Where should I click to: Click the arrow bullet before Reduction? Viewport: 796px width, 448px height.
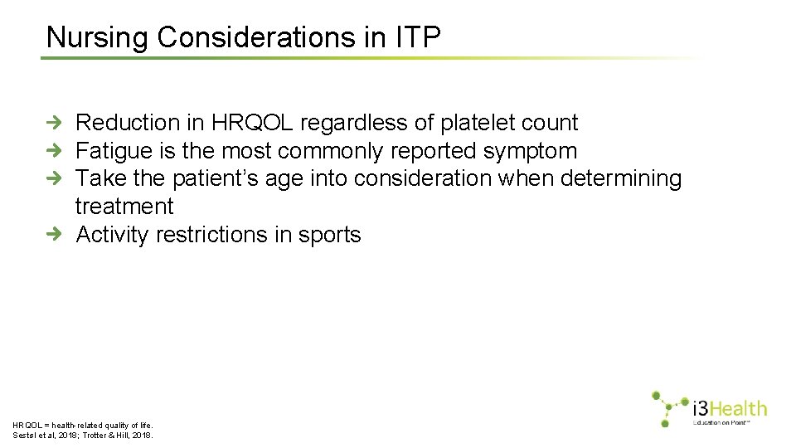[53, 123]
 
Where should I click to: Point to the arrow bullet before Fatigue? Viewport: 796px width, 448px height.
[53, 151]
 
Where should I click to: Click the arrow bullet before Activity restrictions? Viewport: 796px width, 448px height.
[53, 236]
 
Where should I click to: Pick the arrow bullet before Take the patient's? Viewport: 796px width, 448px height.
[53, 179]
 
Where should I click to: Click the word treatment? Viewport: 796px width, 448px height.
[124, 207]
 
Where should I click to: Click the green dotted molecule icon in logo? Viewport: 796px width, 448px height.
[668, 407]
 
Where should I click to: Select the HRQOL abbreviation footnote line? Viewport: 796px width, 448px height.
[83, 424]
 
